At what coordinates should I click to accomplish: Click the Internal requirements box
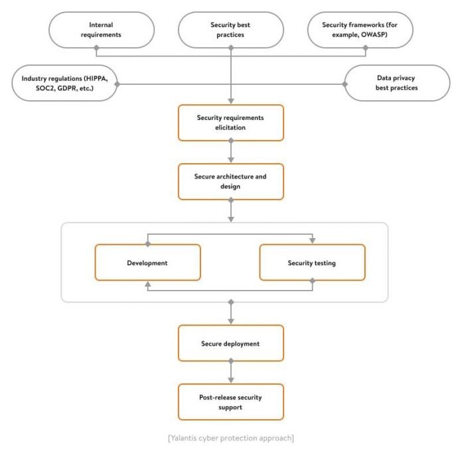pos(102,30)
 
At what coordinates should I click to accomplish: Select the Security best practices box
pos(231,30)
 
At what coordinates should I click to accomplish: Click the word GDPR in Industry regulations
pos(67,88)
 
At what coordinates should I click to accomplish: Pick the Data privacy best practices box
pos(397,83)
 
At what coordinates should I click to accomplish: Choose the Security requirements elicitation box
pos(231,123)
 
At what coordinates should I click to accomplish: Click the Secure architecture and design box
pos(231,182)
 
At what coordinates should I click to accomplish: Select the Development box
pos(147,263)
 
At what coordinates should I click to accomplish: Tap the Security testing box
pos(313,263)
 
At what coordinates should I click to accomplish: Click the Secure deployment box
pos(231,343)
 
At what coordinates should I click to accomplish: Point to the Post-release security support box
pos(231,402)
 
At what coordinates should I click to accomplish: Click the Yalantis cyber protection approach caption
pos(231,438)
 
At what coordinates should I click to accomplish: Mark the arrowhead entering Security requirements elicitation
pos(231,101)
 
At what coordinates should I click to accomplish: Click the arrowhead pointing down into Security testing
pos(313,241)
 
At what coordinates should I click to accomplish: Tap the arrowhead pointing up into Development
pos(148,284)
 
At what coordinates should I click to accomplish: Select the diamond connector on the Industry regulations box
pos(117,84)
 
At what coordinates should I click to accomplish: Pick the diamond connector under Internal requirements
pos(96,48)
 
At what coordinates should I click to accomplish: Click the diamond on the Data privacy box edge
pos(345,84)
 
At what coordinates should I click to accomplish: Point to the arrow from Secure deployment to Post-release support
pos(231,372)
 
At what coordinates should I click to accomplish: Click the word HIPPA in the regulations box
pos(97,79)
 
